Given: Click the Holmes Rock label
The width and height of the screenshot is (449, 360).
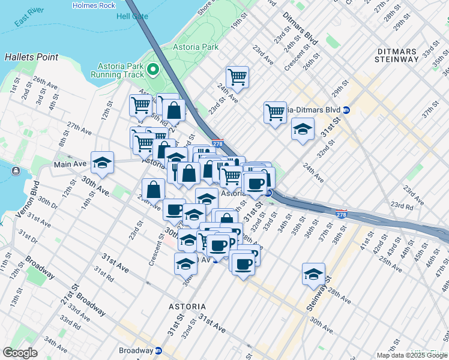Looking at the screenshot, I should click(x=93, y=5).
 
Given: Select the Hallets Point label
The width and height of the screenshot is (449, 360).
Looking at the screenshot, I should click(x=31, y=57).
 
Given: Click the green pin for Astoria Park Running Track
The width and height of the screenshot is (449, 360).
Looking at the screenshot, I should click(x=152, y=70).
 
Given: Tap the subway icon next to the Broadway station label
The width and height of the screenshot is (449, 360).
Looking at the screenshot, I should click(x=158, y=350).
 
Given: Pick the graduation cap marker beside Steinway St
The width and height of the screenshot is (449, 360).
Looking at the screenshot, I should click(x=313, y=274).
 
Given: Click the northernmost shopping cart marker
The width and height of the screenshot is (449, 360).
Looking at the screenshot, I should click(x=238, y=77).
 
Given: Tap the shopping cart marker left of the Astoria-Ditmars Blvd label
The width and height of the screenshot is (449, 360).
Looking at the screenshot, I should click(x=275, y=112).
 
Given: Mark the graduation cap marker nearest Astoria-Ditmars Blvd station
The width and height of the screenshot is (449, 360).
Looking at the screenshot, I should click(x=303, y=128).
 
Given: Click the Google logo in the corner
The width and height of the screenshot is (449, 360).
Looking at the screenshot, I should click(x=20, y=353).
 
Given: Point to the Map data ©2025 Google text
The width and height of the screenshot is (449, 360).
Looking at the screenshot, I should click(x=411, y=355).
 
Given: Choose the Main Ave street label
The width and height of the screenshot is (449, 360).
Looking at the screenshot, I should click(x=70, y=164).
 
